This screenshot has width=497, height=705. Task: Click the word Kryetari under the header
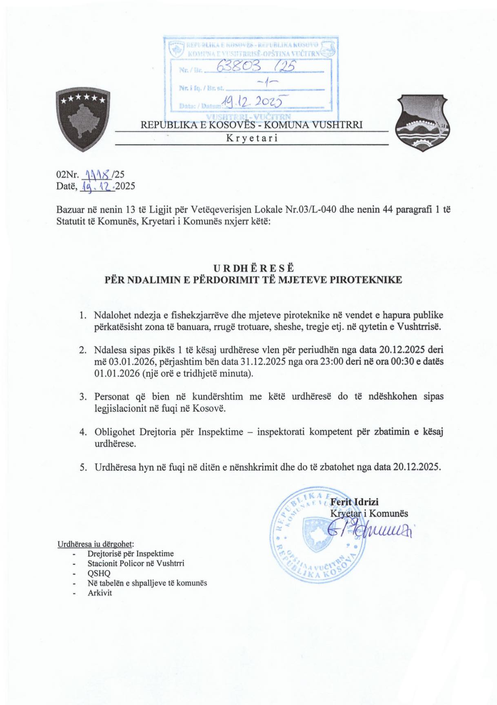[252, 138]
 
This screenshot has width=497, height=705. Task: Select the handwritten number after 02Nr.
[97, 175]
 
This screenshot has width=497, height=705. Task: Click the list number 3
[83, 397]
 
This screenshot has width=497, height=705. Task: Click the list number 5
[83, 467]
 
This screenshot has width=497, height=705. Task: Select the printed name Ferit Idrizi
[354, 502]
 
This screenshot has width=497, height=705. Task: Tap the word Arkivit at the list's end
[100, 593]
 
